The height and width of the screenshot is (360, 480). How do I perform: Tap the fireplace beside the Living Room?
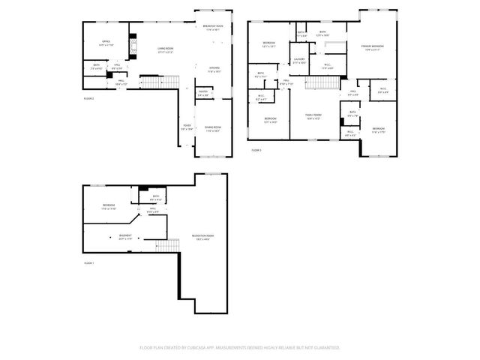click(x=133, y=46)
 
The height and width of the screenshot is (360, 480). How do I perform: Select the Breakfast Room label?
click(x=213, y=28)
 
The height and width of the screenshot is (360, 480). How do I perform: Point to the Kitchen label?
click(x=213, y=68)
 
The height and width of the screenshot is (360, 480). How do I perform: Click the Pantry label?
click(x=202, y=94)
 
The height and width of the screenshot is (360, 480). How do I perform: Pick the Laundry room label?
click(x=299, y=60)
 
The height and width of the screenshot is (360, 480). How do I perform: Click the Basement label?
click(x=124, y=237)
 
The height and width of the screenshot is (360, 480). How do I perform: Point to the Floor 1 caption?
click(x=88, y=263)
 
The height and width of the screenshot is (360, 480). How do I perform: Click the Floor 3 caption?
click(x=256, y=150)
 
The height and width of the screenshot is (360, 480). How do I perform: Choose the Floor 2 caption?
click(x=88, y=97)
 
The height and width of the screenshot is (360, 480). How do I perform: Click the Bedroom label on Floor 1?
click(x=109, y=205)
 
